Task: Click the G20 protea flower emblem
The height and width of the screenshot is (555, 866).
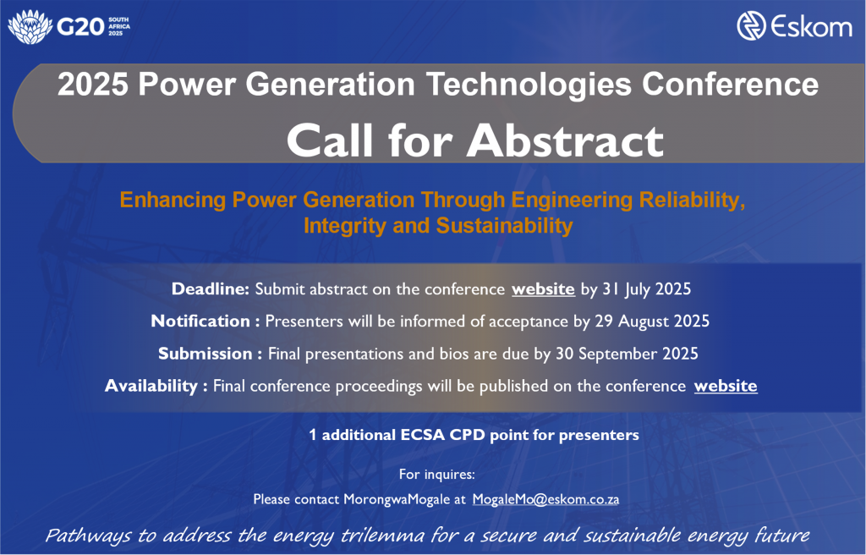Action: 30,26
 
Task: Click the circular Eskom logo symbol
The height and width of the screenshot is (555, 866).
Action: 751,26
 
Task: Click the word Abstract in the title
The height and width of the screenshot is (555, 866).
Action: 565,140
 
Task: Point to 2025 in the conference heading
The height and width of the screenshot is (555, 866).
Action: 93,85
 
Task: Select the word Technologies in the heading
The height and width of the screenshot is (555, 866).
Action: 529,85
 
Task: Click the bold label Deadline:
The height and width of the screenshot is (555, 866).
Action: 211,288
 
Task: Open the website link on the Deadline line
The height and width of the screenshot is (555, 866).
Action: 543,289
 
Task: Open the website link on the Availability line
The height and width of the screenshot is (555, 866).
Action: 726,386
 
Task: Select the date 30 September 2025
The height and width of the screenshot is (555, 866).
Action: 627,354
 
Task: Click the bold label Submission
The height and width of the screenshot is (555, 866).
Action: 205,354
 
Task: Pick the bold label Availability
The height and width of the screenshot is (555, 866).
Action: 151,386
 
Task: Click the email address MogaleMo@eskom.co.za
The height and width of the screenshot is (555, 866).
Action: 545,499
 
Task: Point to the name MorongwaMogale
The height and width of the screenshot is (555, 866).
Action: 397,500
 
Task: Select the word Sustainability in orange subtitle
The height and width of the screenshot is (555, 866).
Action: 504,226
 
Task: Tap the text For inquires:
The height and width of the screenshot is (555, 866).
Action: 437,475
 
